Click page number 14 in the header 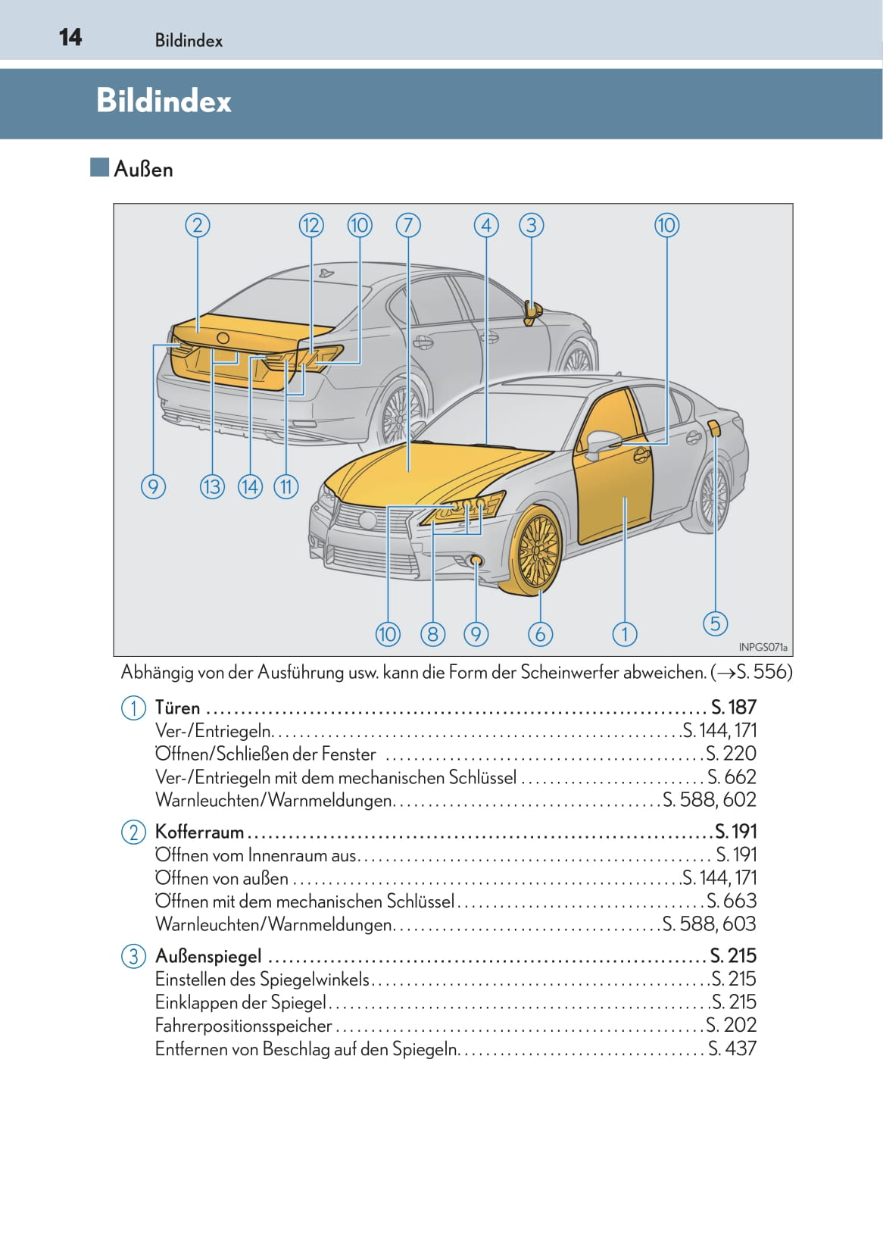[x=70, y=37]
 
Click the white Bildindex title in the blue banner [x=164, y=102]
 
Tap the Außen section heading [x=143, y=169]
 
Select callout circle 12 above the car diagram [x=311, y=226]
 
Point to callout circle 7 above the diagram [x=408, y=226]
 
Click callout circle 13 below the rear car [x=213, y=486]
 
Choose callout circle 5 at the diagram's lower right [x=715, y=623]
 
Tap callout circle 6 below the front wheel [x=540, y=634]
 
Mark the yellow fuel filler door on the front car [x=715, y=429]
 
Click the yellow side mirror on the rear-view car [x=532, y=312]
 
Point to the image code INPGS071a [x=763, y=647]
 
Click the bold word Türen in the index [x=177, y=708]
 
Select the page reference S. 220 [x=732, y=754]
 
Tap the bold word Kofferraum [x=199, y=832]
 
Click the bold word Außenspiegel [x=208, y=956]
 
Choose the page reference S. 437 [x=732, y=1048]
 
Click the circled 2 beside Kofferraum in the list [x=133, y=832]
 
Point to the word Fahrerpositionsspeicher [x=243, y=1025]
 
